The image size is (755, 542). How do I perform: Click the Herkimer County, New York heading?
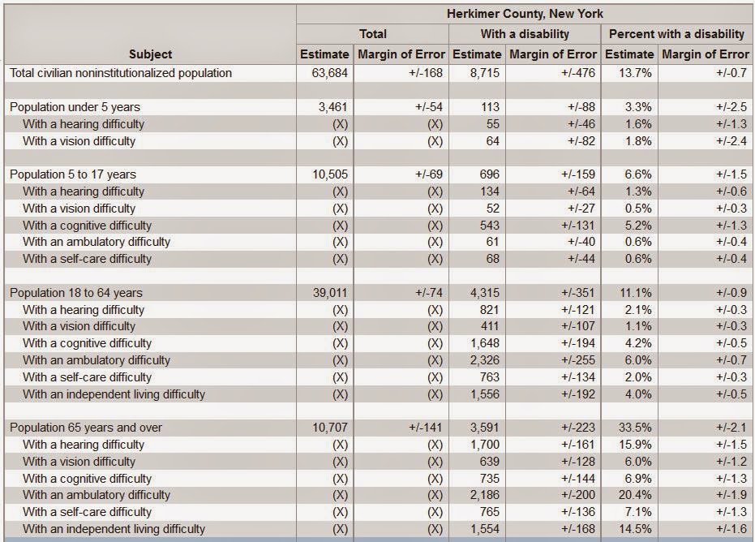(525, 14)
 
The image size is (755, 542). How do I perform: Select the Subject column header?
(150, 54)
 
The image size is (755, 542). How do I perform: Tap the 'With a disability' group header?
(525, 34)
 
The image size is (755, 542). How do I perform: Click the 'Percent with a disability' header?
(677, 34)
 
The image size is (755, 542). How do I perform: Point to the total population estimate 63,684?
(330, 73)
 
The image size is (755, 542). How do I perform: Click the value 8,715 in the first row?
(485, 73)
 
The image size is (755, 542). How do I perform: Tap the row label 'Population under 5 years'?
(75, 107)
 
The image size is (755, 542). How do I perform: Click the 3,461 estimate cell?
(332, 107)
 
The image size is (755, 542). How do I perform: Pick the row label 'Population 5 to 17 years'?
(73, 174)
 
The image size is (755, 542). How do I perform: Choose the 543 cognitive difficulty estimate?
(489, 226)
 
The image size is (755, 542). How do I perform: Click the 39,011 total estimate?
(330, 293)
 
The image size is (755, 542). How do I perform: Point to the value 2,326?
(485, 360)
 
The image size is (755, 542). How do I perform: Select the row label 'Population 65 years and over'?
(86, 428)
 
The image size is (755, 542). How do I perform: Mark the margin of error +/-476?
(577, 73)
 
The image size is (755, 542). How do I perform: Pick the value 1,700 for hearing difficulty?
(485, 445)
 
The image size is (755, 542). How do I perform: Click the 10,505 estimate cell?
(330, 174)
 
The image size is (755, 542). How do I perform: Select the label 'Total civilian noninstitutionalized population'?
(121, 73)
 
